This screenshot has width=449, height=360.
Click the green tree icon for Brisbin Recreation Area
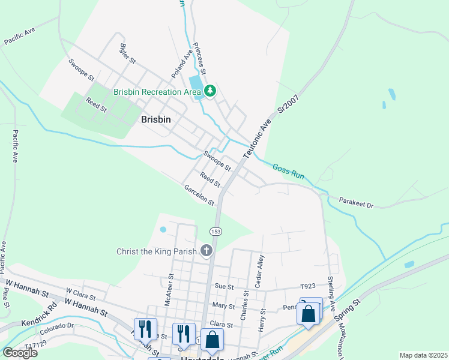[x=210, y=91]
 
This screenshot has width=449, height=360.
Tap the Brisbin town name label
[x=155, y=119]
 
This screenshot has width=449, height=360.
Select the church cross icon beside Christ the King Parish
[x=206, y=250]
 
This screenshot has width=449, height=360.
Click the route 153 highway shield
[x=215, y=231]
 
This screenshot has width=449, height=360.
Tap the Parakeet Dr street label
[x=356, y=203]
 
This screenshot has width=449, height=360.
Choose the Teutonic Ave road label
[x=257, y=138]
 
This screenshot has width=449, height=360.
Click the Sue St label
[x=223, y=287]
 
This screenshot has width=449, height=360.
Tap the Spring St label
[x=351, y=308]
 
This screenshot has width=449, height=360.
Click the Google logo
[x=20, y=352]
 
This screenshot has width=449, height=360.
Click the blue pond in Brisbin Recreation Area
[x=195, y=82]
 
